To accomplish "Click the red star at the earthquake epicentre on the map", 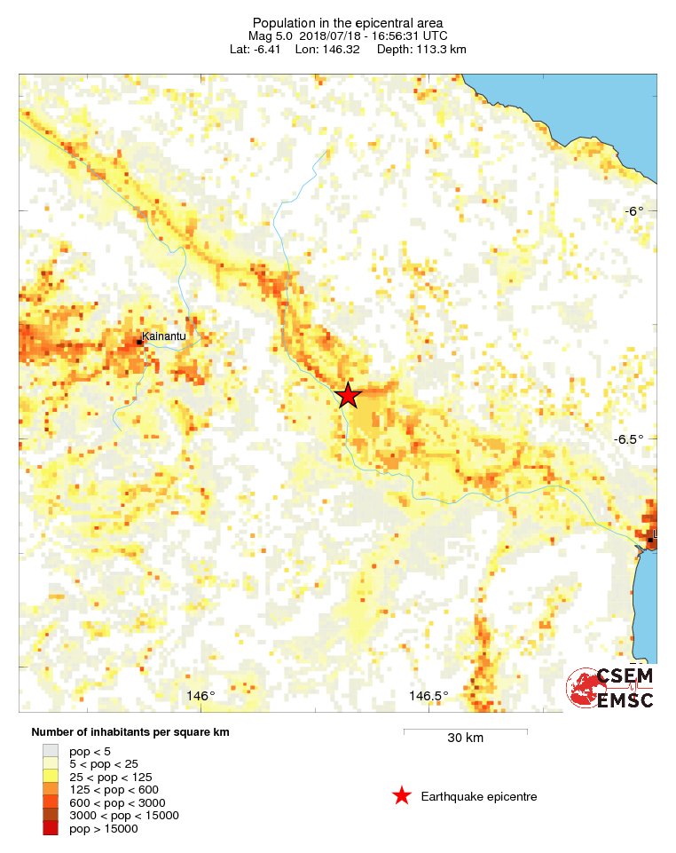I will click(x=348, y=396).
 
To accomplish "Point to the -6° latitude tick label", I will click(x=633, y=211).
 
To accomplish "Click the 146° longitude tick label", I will click(x=200, y=695).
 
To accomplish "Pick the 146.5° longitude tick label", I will click(x=428, y=695).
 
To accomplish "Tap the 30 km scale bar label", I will click(x=465, y=738).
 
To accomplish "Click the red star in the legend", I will click(x=402, y=796).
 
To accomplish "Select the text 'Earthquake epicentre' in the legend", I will click(x=479, y=796).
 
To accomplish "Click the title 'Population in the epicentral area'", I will click(x=348, y=22).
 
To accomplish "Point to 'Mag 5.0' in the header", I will click(x=270, y=36).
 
